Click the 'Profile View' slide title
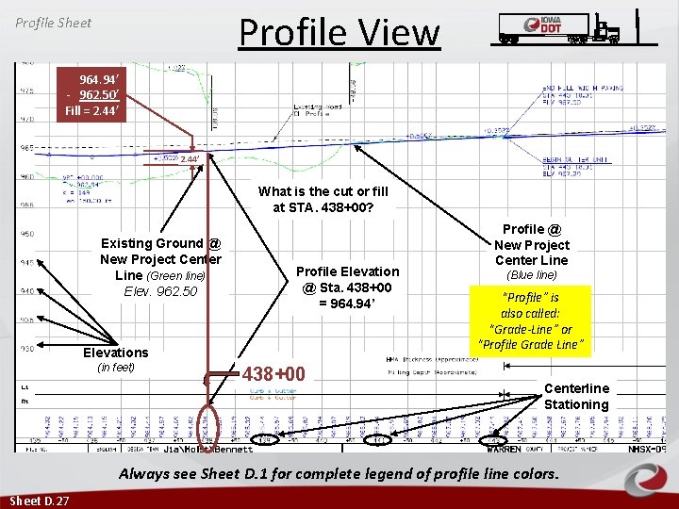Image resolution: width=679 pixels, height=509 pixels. (339, 32)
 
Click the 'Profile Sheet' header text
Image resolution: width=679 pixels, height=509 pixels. (53, 22)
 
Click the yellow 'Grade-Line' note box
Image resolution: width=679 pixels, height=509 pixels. (531, 320)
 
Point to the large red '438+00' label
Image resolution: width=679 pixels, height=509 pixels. (274, 374)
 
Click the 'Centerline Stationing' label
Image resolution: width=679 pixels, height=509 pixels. (576, 396)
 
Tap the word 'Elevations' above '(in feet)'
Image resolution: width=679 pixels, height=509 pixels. (115, 353)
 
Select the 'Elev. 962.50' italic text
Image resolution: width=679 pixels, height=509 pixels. (161, 291)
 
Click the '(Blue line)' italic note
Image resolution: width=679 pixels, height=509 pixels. (532, 275)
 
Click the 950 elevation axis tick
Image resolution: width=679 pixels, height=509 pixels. (27, 233)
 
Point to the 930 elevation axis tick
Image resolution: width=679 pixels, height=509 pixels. (27, 349)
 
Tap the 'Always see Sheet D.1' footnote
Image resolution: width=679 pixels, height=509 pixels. (339, 473)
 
